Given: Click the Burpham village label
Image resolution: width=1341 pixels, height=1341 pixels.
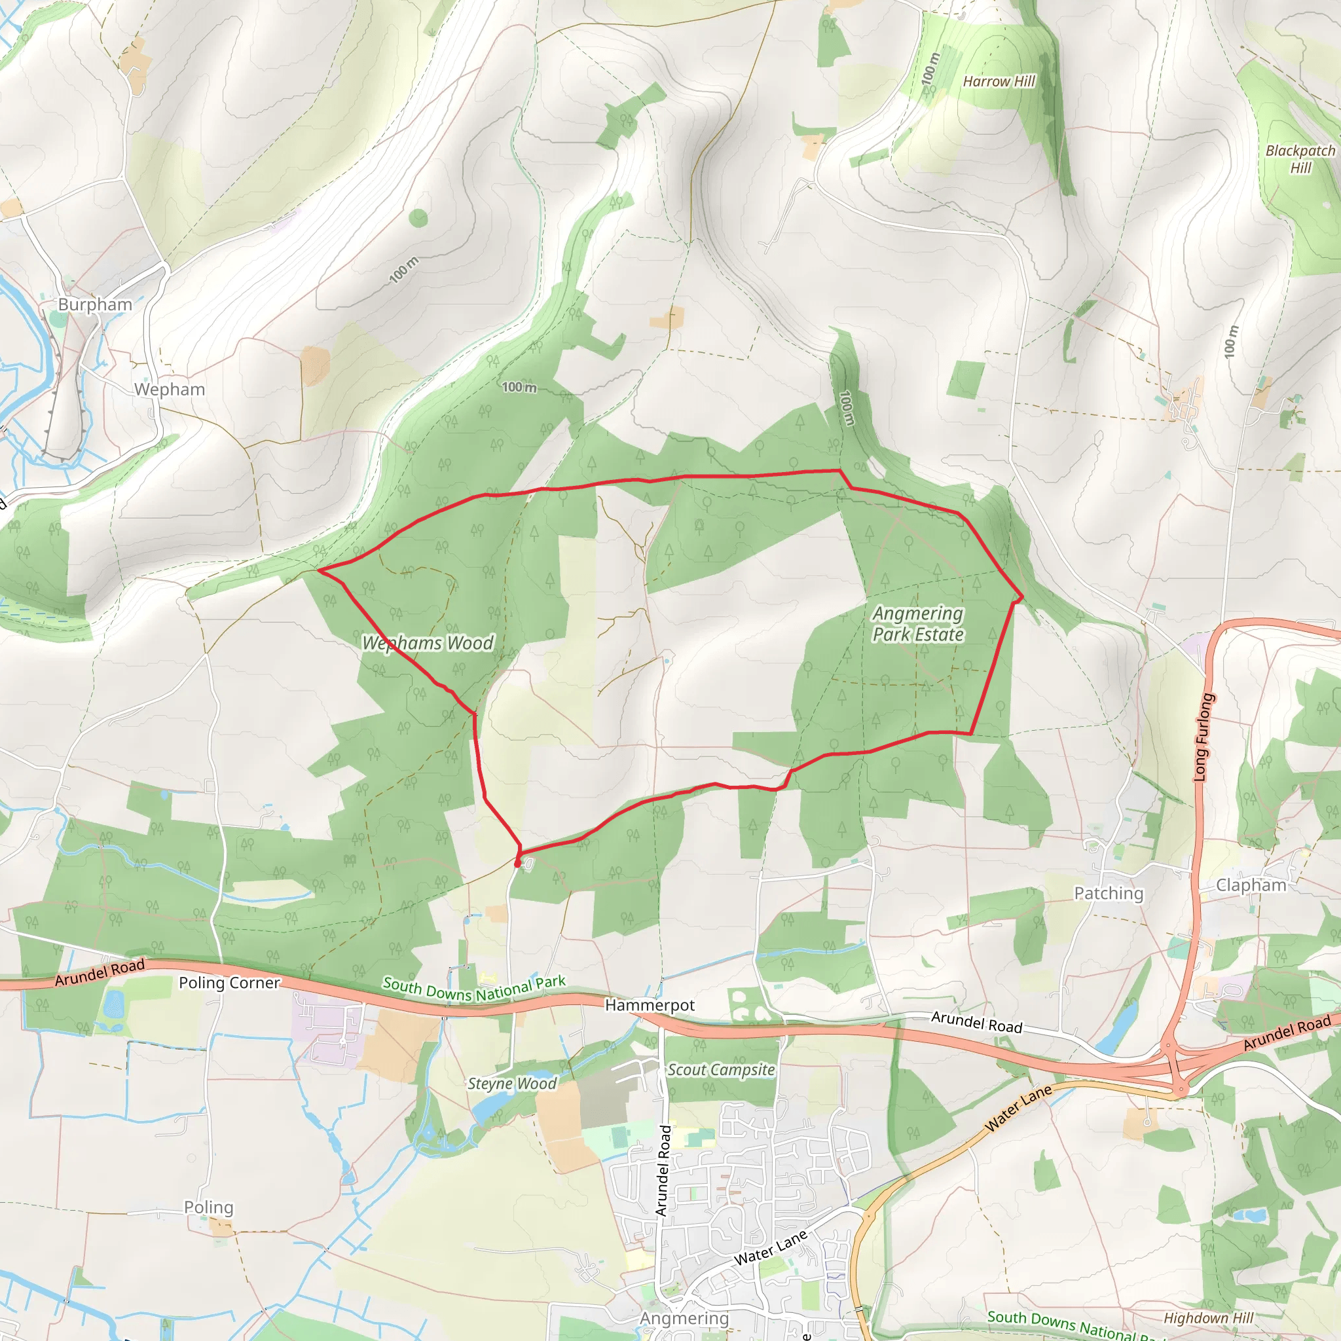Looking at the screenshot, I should coord(95,304).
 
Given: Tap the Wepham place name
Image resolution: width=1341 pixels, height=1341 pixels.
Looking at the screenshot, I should coord(170,390).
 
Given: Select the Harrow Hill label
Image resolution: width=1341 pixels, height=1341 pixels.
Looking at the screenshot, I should coord(999,81).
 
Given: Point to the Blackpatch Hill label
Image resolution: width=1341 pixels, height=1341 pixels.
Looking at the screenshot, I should coord(1300,159).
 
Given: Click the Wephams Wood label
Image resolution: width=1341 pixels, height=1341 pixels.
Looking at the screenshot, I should coord(428,644).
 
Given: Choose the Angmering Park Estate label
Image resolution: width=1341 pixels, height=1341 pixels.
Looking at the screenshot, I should coord(917,624).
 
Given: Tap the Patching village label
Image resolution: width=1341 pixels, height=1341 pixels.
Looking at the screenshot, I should coord(1109,893).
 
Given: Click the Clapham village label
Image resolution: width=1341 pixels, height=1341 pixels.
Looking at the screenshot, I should coord(1251,885).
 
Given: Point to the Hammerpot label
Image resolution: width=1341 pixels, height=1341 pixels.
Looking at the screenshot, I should coord(650,1005).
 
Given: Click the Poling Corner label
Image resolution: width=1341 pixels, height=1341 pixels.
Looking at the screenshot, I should coord(229,983).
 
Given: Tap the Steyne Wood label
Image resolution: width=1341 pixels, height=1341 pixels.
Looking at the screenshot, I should coord(511,1084).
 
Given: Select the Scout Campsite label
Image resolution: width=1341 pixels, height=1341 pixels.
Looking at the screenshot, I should coord(721,1070).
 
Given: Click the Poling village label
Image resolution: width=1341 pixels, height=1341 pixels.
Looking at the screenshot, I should coord(208,1207).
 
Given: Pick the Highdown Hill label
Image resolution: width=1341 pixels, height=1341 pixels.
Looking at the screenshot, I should coord(1209,1318).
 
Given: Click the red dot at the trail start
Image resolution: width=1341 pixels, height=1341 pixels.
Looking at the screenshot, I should coord(518,863).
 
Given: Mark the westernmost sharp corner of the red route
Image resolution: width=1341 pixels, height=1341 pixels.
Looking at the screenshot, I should coord(319,570).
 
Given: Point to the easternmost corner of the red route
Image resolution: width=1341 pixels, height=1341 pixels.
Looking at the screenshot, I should coord(1022,597).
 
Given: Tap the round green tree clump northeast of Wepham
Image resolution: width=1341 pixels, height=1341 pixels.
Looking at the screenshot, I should coord(418,218).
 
